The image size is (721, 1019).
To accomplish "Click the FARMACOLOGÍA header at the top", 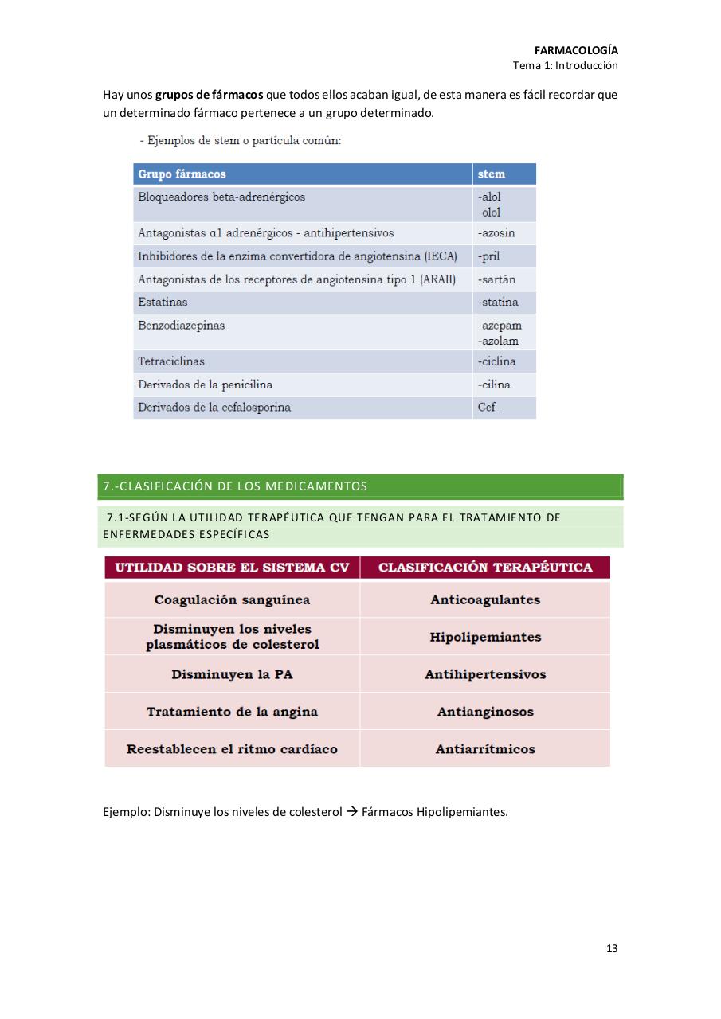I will point(576,50).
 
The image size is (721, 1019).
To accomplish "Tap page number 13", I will point(612,948).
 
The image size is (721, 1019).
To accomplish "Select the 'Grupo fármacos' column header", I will point(182,174).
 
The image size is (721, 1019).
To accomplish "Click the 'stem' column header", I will point(491,174).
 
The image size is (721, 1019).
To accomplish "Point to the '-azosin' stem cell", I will point(496,233).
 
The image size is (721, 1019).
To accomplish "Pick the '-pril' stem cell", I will point(489,256).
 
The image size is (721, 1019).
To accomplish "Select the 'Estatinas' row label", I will point(163,303).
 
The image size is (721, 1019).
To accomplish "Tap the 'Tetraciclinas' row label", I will point(171,361).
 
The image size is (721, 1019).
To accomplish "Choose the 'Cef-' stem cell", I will point(488,408).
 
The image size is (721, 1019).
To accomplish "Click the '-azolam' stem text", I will point(499,342).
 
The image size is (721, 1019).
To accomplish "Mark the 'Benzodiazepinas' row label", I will point(182,326).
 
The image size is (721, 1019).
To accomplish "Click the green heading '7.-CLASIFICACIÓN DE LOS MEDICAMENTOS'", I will point(235,486).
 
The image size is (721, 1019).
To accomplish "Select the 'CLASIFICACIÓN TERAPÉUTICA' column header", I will point(485,568).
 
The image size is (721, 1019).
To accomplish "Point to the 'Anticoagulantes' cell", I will point(485,600).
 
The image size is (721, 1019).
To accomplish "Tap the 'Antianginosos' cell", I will point(485,712).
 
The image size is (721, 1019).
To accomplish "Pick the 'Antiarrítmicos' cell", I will point(485,749).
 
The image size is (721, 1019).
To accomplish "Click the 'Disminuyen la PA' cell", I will point(232,674).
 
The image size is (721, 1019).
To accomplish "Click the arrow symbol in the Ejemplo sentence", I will point(351,813).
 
